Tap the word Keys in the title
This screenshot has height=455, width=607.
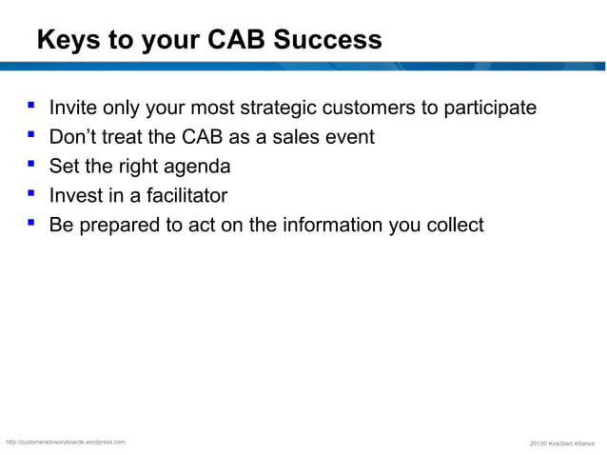click(66, 41)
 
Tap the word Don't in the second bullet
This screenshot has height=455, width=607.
click(76, 137)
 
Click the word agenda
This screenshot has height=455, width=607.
click(197, 168)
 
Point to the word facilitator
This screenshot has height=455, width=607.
click(183, 196)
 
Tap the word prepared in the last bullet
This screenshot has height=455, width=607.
click(121, 227)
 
